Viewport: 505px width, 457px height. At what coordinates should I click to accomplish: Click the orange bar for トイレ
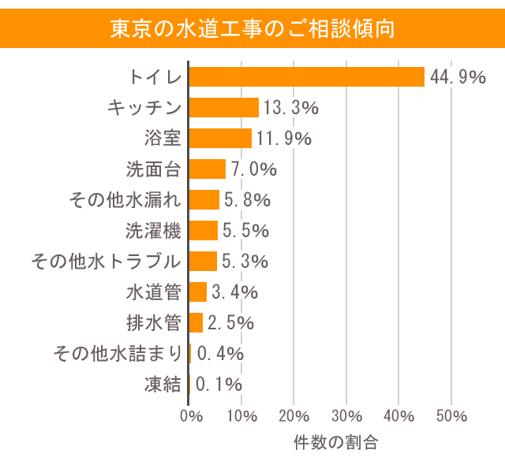[307, 76]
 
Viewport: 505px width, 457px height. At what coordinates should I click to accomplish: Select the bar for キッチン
[224, 107]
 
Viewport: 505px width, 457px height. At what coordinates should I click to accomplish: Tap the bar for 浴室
[220, 138]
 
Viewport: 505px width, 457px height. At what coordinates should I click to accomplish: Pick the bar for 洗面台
[208, 169]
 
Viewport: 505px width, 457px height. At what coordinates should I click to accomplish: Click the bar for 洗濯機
[204, 230]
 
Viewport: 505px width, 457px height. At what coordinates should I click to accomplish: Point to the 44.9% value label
[457, 76]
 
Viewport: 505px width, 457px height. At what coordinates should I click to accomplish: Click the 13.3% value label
[290, 107]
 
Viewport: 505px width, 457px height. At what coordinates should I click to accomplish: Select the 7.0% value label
[253, 169]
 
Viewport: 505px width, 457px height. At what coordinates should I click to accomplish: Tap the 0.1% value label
[219, 385]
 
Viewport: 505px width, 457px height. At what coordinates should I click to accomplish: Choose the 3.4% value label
[234, 292]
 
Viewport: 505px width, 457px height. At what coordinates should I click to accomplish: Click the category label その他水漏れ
[125, 199]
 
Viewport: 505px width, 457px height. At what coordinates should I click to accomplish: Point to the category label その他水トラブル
[106, 261]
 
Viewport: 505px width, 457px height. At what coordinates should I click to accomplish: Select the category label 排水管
[154, 322]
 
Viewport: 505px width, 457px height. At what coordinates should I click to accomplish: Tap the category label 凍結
[163, 385]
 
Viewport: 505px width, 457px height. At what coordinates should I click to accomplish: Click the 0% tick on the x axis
[190, 416]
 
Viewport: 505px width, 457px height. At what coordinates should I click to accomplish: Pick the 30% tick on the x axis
[346, 416]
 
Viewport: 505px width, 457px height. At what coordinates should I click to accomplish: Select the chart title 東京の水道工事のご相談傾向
[252, 28]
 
